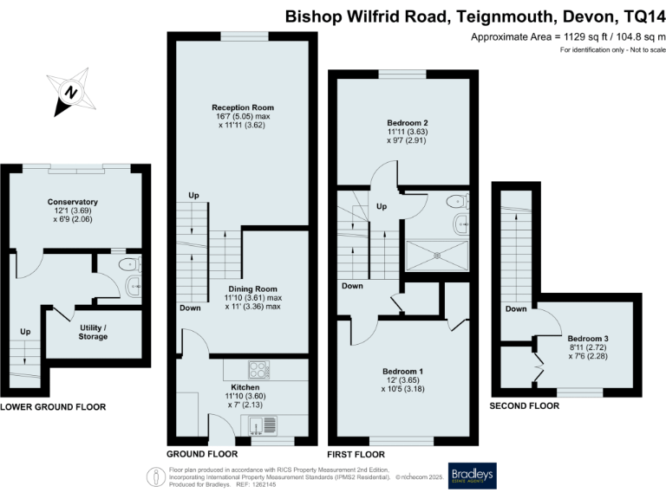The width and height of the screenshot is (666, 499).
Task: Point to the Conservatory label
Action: pos(72,202)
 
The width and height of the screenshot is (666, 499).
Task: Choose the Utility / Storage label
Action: pos(93,331)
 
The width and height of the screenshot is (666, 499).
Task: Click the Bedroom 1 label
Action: pos(402,370)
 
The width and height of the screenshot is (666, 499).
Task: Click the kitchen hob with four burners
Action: pos(260,367)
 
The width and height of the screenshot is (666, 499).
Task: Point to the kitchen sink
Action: pos(261,424)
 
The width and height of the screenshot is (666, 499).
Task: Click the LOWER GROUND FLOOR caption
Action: pos(53,406)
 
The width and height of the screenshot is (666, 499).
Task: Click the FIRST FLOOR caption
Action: pos(356,454)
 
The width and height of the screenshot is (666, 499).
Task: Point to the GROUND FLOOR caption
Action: pos(201,454)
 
